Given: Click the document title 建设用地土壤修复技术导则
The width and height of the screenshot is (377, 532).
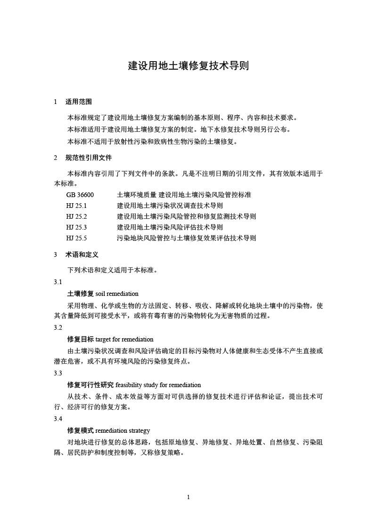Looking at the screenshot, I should click(188, 65).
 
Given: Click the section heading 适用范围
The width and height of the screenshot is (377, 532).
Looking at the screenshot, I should click(78, 102).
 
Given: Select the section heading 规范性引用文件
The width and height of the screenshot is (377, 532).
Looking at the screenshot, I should click(88, 158).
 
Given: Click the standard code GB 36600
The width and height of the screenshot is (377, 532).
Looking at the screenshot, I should click(81, 194).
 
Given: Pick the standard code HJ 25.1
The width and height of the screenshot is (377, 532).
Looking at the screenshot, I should click(77, 206).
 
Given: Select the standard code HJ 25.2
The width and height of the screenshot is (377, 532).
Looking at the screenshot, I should click(77, 216).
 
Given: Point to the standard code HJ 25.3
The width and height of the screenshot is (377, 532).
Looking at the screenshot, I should click(77, 227).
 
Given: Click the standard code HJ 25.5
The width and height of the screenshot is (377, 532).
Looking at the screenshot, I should click(77, 238).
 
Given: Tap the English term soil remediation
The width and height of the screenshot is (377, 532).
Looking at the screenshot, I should click(117, 294).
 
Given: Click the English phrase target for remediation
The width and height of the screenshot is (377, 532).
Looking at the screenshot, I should click(124, 339).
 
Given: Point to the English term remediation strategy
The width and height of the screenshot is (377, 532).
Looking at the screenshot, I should click(123, 430).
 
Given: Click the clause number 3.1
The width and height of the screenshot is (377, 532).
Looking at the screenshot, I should click(58, 282).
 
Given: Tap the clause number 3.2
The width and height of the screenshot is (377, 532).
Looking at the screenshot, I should click(58, 327).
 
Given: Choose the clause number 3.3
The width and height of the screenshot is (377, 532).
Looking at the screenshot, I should click(58, 373).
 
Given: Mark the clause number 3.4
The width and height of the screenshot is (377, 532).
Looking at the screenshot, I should click(58, 419).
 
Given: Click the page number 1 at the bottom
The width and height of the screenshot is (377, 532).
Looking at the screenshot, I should click(188, 497).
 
